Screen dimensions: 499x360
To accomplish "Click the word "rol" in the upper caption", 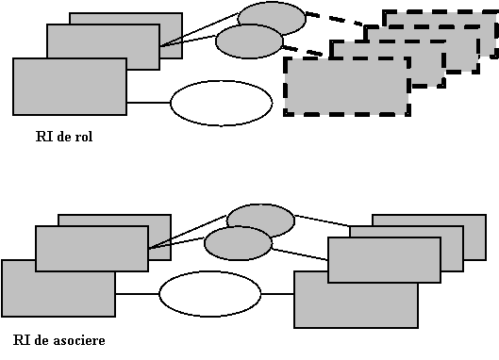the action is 84,137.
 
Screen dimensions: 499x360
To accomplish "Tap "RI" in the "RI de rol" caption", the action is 44,137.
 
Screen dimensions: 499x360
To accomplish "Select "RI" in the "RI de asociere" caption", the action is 22,340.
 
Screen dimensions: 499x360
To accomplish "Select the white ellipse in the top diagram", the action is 222,103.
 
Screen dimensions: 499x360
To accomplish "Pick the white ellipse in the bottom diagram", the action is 210,293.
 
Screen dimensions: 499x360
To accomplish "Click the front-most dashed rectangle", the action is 347,86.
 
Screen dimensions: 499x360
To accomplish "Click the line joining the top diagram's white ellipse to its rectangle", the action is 149,103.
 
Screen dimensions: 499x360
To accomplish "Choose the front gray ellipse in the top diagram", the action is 249,41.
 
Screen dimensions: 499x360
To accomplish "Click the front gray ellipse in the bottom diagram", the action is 238,243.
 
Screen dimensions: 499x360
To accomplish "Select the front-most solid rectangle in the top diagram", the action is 70,87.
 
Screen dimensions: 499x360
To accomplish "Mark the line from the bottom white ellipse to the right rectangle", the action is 277,293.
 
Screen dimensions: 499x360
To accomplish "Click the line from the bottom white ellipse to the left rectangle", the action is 138,293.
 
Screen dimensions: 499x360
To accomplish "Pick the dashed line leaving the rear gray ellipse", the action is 335,19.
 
